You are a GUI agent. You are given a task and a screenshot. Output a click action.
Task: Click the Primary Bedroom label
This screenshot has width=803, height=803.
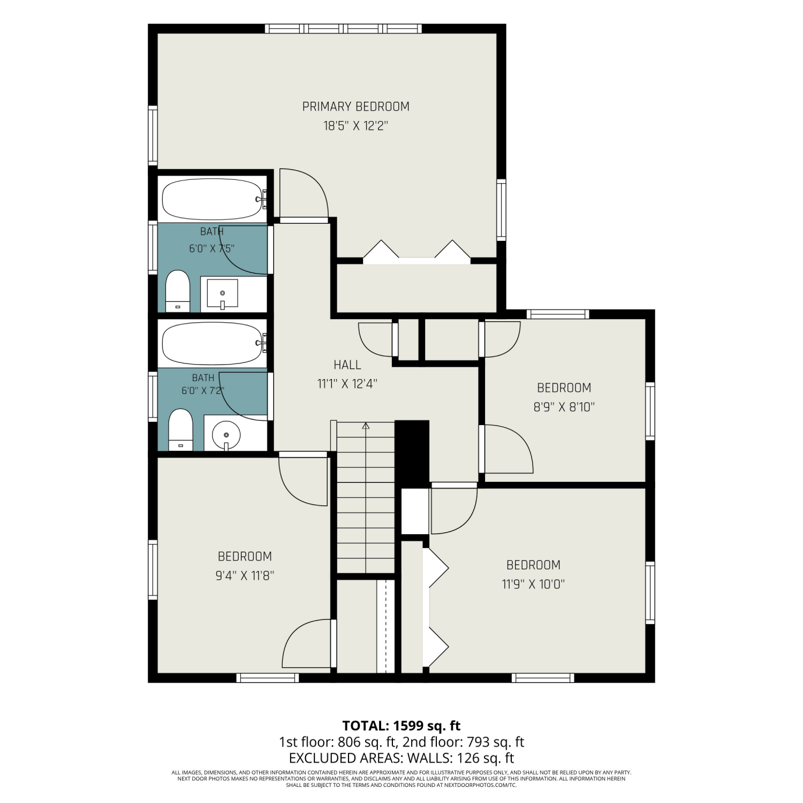tap(355, 107)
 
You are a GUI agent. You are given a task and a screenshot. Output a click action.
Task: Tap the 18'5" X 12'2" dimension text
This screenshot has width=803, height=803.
tap(355, 126)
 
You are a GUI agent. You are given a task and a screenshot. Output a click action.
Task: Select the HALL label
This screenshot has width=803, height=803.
tap(347, 365)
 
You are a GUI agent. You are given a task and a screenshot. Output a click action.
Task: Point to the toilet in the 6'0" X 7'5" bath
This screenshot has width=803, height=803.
tap(178, 291)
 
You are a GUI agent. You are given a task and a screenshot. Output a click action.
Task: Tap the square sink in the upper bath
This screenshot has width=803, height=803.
tap(222, 293)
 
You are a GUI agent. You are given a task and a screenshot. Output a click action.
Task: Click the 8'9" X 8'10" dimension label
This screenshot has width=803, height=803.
tap(564, 407)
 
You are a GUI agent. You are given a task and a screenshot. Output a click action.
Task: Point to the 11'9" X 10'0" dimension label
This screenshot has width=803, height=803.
tap(533, 584)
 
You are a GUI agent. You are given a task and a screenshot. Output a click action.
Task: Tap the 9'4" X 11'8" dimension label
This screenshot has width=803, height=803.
tap(245, 576)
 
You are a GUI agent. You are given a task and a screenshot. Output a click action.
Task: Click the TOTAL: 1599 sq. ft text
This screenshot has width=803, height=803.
tap(401, 726)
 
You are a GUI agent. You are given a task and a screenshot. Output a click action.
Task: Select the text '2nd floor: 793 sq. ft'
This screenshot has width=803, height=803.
tap(463, 742)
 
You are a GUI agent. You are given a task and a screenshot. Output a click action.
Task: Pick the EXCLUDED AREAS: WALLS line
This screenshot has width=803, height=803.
tap(401, 758)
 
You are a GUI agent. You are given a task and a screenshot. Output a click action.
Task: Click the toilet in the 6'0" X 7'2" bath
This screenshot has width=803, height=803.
tap(180, 430)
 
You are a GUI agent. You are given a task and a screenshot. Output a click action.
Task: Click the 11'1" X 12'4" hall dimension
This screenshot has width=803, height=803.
tap(347, 384)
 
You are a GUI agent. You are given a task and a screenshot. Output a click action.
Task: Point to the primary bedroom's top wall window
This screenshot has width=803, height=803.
tap(343, 29)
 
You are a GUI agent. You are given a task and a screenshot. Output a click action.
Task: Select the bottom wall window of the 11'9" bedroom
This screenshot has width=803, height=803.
tap(543, 678)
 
